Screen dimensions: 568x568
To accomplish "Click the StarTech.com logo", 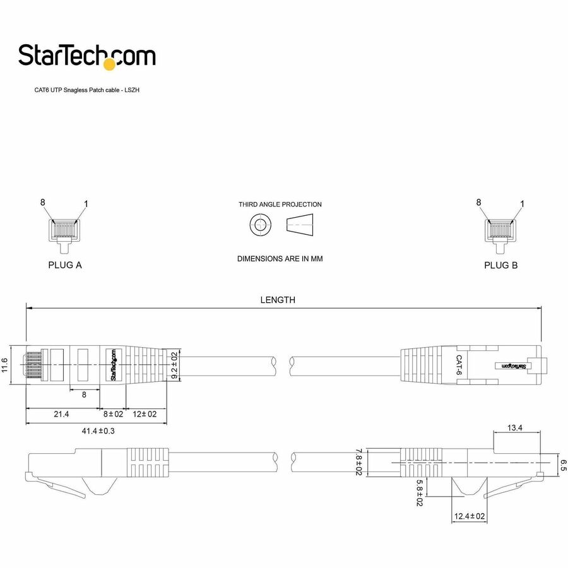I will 86,56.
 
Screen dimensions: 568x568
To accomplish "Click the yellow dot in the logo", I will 110,63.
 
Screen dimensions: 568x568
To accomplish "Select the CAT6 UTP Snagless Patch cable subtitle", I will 86,91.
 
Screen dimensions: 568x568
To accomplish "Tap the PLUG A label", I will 65,265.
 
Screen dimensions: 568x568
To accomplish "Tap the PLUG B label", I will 500,265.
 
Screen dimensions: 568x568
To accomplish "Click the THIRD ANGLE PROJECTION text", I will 280,204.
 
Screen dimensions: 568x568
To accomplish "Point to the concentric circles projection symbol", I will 260,225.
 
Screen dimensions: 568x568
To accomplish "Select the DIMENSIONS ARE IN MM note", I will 280,259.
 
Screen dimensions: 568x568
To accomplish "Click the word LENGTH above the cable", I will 278,300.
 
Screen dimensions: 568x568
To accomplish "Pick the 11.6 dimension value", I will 6,365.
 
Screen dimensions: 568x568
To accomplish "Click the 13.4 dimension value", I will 515,427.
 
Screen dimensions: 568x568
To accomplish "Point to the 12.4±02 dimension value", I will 470,516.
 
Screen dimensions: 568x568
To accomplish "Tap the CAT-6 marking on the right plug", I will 460,365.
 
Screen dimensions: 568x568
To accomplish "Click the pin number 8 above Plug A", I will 43,203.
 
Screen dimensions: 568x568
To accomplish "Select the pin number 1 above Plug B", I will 522,203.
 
